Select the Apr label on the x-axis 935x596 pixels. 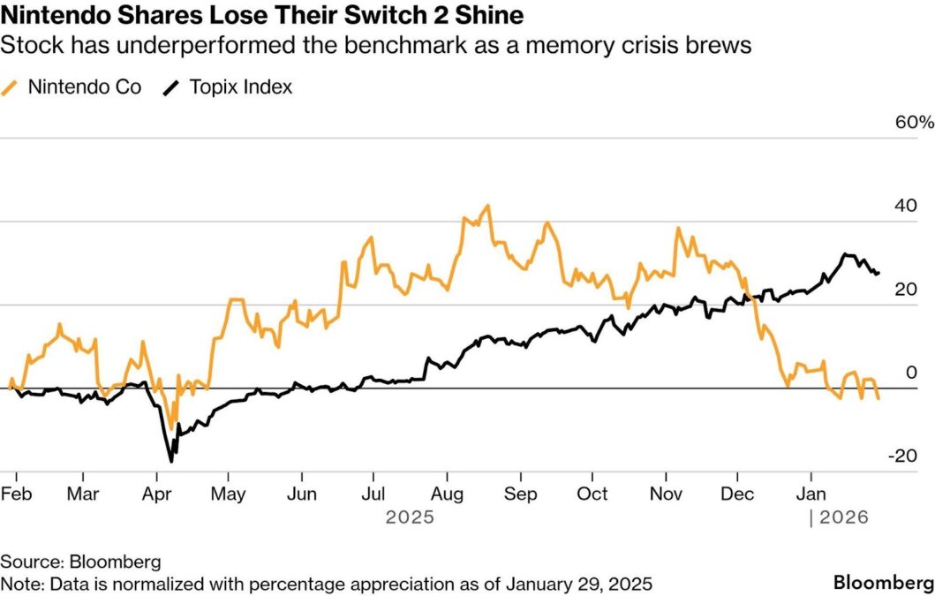coord(157,494)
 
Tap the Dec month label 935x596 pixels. coord(738,494)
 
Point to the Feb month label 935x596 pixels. coord(16,494)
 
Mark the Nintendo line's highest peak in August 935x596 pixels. coord(487,206)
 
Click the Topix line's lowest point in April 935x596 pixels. coord(171,461)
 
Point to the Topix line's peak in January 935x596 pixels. coord(845,254)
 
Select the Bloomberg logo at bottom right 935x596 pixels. coord(883,583)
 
